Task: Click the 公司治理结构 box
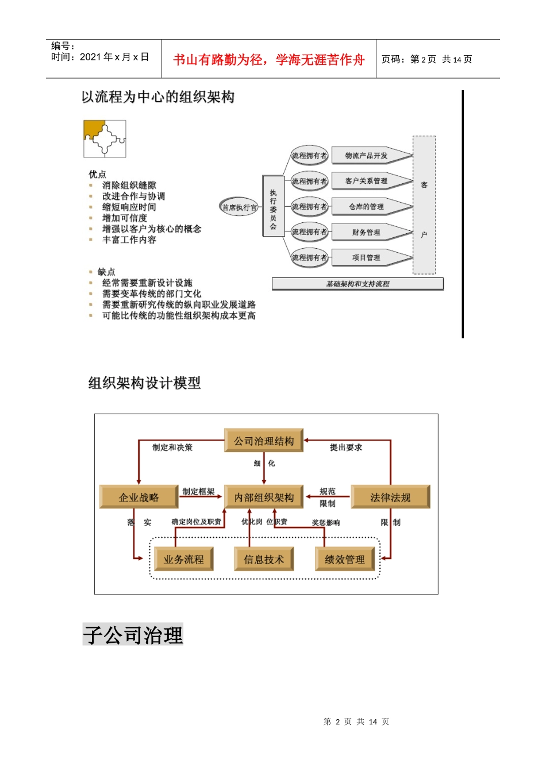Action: [x=264, y=441]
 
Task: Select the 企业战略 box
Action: [x=139, y=497]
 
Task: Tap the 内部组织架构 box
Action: [x=264, y=497]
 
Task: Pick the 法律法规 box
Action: [x=390, y=497]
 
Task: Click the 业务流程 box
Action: [x=183, y=559]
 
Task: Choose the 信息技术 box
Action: [x=264, y=559]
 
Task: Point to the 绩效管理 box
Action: [x=344, y=559]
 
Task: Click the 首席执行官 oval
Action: [x=240, y=207]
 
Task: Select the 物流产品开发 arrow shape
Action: [x=368, y=156]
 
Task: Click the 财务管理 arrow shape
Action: [x=368, y=232]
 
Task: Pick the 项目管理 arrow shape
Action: [x=368, y=258]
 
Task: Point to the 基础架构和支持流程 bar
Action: [x=357, y=284]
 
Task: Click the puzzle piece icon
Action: [x=105, y=138]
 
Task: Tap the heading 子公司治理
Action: [x=133, y=635]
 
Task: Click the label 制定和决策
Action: [x=172, y=447]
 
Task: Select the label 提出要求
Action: [x=346, y=447]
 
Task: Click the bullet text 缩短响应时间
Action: [x=129, y=207]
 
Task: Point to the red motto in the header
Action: [x=269, y=60]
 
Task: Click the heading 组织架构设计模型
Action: [x=144, y=383]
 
